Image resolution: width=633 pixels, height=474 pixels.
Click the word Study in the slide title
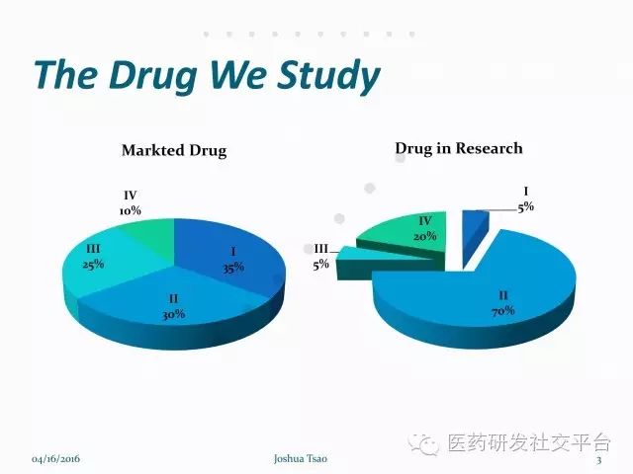(x=328, y=76)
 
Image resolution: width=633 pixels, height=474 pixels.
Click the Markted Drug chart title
(x=174, y=151)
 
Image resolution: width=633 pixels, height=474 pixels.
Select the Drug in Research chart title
(x=459, y=148)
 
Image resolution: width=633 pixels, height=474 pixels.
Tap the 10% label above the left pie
(x=130, y=210)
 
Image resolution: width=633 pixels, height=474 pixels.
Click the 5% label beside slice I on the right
(x=526, y=207)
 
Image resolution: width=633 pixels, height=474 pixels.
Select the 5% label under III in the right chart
(x=320, y=265)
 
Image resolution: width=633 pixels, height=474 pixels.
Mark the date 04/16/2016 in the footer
(x=55, y=459)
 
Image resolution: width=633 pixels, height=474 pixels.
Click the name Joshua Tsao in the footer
(x=301, y=458)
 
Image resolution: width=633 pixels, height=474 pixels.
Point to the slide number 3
(x=599, y=460)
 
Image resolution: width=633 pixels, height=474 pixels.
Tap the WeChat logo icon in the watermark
(x=423, y=443)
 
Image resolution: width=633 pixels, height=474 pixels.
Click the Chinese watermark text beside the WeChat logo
(x=529, y=442)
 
